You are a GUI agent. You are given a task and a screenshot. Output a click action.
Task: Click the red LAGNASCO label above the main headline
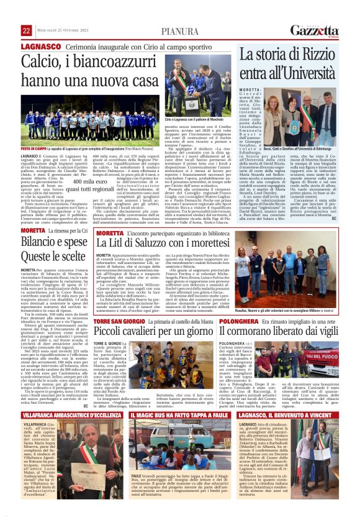point(40,47)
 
